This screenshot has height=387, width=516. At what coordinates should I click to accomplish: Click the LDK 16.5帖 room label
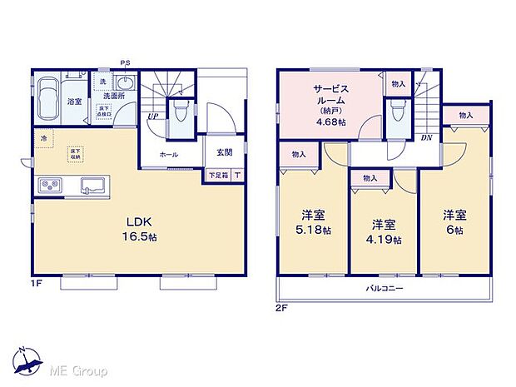pyautogui.click(x=141, y=229)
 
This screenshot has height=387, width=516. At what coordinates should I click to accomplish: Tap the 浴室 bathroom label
pyautogui.click(x=74, y=102)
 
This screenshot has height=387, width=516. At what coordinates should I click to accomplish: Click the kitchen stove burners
pyautogui.click(x=49, y=185)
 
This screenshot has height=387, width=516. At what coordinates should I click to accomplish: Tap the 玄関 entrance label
pyautogui.click(x=224, y=151)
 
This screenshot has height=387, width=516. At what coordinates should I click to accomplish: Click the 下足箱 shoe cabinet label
pyautogui.click(x=217, y=176)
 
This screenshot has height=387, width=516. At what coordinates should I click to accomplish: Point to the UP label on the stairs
pyautogui.click(x=153, y=117)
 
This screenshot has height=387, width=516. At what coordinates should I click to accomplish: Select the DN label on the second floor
pyautogui.click(x=426, y=137)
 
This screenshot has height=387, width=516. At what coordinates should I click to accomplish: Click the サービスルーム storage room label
pyautogui.click(x=330, y=102)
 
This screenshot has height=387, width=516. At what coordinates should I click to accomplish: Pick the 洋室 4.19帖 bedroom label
pyautogui.click(x=383, y=231)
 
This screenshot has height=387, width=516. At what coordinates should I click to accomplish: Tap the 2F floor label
pyautogui.click(x=283, y=309)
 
